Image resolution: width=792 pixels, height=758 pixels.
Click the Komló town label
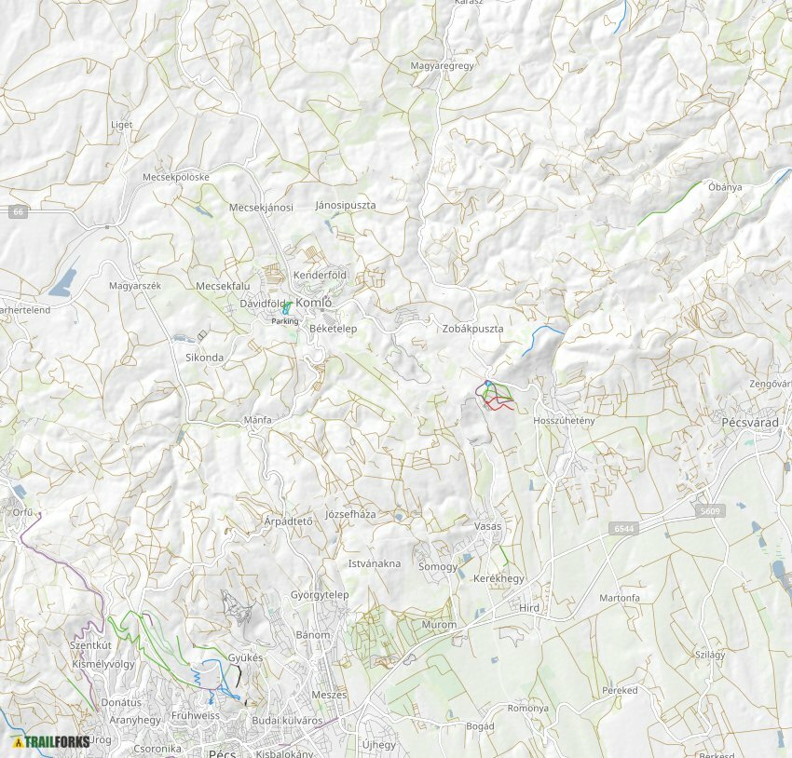click(x=314, y=303)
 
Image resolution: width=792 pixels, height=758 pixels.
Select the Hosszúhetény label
click(x=563, y=421)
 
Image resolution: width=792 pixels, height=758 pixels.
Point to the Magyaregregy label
click(x=443, y=66)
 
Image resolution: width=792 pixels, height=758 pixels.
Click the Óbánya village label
click(x=725, y=187)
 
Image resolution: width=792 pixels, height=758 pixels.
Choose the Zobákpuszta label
click(x=472, y=329)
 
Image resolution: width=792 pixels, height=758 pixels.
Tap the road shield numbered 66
click(x=18, y=212)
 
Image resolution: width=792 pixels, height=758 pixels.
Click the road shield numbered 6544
click(x=624, y=529)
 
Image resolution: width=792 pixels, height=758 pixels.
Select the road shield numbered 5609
click(x=710, y=511)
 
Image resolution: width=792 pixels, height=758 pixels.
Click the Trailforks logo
click(x=51, y=742)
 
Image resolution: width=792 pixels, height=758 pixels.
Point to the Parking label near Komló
click(x=285, y=320)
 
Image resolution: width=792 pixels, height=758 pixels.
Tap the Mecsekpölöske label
click(x=176, y=177)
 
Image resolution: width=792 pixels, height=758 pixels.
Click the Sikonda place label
click(x=204, y=357)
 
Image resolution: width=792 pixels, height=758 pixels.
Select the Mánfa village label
click(x=257, y=420)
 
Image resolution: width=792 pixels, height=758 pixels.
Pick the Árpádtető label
click(x=288, y=521)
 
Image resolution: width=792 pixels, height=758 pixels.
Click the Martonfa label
click(x=620, y=598)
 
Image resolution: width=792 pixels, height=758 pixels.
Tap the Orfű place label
click(x=22, y=512)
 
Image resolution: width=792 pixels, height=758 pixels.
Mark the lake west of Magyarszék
click(x=62, y=283)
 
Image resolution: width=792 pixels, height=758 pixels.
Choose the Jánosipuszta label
click(x=346, y=204)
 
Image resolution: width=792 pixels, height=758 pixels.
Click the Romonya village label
click(x=527, y=708)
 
